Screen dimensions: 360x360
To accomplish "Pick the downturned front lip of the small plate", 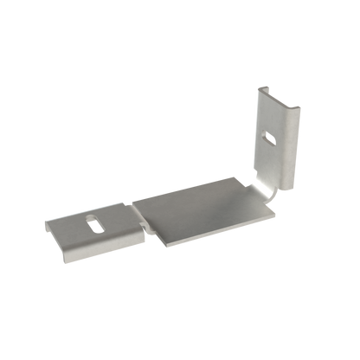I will tap(91, 254).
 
